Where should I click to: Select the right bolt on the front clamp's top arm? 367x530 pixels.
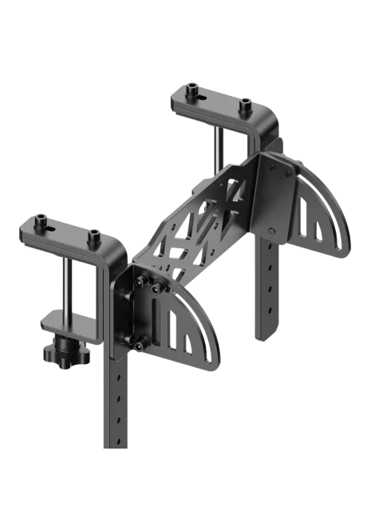pyautogui.click(x=94, y=235)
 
